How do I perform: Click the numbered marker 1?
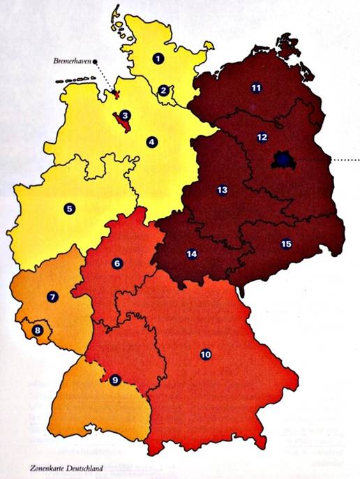tap(159, 59)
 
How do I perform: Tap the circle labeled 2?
tap(163, 90)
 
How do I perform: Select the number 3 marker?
tap(124, 115)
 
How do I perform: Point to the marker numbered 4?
tap(151, 142)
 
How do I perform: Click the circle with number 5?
tap(69, 208)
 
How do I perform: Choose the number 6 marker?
tap(117, 263)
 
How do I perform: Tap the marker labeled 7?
tap(52, 297)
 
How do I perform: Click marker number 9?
tap(115, 380)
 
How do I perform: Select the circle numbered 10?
tap(205, 355)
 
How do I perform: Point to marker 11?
tap(256, 88)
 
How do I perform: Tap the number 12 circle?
tap(262, 138)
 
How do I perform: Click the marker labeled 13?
tap(223, 190)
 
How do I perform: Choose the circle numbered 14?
tap(192, 254)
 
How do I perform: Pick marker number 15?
tap(285, 244)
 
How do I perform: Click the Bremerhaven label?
tap(72, 62)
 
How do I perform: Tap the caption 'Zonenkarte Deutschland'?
tap(64, 469)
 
